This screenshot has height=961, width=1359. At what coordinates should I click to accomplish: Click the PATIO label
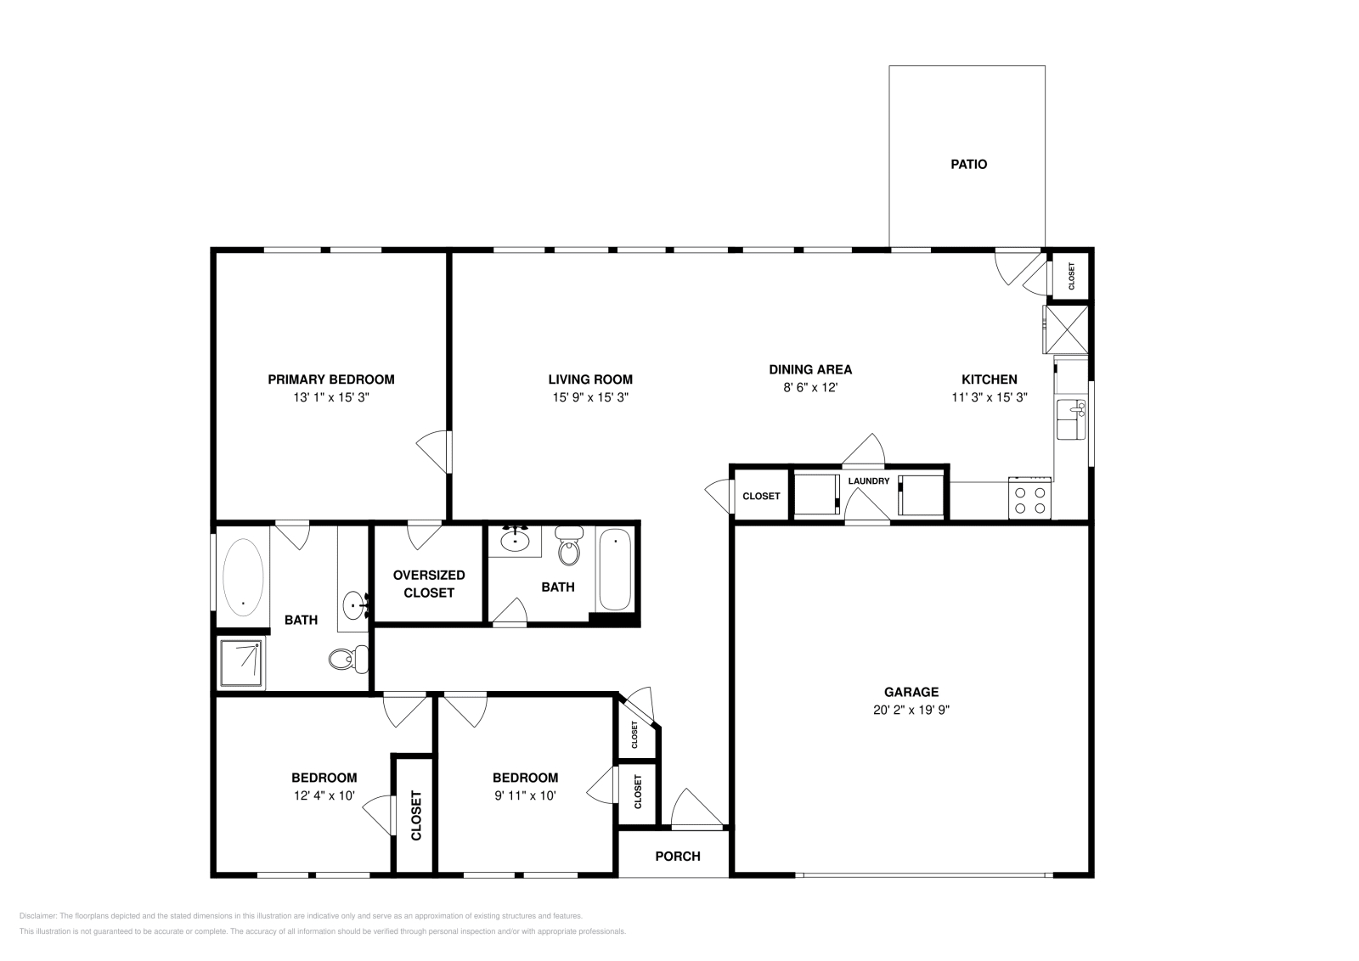click(968, 165)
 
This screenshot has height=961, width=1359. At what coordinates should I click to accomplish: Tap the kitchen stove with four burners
click(1029, 498)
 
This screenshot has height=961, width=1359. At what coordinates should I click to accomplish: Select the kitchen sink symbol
click(1071, 419)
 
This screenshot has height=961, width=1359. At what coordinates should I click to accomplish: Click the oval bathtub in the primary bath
click(243, 576)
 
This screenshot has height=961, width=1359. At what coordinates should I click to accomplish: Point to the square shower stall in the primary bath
click(242, 663)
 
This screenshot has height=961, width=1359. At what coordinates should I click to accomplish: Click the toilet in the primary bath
click(348, 658)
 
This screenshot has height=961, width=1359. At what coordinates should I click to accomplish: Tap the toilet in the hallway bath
click(570, 546)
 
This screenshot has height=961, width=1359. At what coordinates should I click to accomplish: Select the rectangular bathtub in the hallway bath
click(614, 570)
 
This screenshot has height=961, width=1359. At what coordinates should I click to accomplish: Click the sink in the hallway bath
click(515, 540)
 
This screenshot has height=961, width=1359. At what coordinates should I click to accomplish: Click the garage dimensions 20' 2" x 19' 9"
click(911, 711)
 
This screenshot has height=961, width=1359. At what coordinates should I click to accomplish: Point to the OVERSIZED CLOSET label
click(429, 584)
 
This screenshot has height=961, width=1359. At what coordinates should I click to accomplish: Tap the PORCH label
click(678, 856)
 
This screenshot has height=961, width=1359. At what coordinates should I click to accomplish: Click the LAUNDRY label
click(869, 481)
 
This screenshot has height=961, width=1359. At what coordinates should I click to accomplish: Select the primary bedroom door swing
click(435, 450)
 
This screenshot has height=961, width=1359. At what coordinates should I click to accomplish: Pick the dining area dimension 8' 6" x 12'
click(810, 387)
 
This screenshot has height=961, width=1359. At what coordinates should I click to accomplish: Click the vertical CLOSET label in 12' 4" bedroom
click(416, 816)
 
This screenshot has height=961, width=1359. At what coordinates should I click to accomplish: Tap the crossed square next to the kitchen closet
click(1067, 329)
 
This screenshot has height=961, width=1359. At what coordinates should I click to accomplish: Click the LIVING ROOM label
click(589, 379)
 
